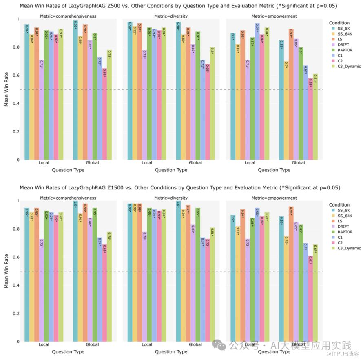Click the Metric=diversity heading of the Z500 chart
pos(171,16)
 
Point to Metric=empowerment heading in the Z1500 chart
pos(274,198)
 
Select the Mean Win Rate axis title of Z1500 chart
pos(7,271)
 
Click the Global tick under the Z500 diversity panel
pos(195,163)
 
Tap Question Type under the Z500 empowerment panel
pos(274,170)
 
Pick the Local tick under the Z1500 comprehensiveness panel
pos(44,345)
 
